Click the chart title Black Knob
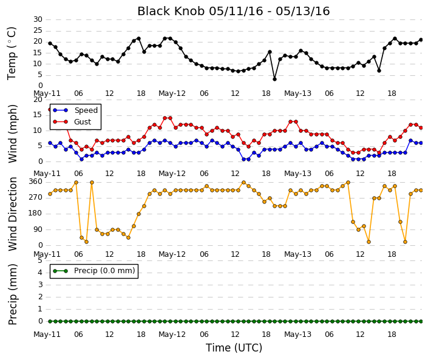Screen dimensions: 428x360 click(x=171, y=12)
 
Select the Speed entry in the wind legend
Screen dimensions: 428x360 click(x=75, y=110)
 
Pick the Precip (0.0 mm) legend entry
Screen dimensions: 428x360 click(x=94, y=271)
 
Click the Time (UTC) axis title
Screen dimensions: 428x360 click(x=234, y=348)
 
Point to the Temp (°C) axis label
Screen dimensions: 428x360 click(x=12, y=53)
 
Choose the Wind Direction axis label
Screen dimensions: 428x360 click(x=13, y=214)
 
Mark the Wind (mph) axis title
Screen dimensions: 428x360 click(x=13, y=134)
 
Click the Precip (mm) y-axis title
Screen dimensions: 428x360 click(x=13, y=294)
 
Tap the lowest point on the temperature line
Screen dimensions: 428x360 click(x=274, y=79)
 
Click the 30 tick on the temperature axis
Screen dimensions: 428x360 click(x=38, y=19)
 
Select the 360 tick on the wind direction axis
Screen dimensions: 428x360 click(x=36, y=182)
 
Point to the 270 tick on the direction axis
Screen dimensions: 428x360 click(x=36, y=197)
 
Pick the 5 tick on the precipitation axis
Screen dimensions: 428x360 click(x=40, y=260)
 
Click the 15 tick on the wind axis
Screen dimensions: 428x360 click(x=38, y=115)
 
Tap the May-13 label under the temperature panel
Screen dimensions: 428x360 click(x=297, y=93)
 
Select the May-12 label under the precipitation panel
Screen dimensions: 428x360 click(x=172, y=335)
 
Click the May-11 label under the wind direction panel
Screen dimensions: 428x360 click(x=47, y=254)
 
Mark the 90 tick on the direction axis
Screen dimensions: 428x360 click(x=38, y=229)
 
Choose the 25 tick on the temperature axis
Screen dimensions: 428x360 click(x=38, y=30)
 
